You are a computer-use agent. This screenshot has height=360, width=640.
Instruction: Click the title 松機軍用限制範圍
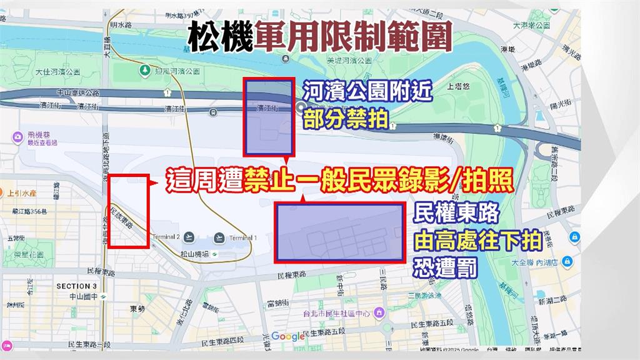point(320,38)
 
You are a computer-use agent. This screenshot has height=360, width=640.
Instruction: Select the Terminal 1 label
point(242,238)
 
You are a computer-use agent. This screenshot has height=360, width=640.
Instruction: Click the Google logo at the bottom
point(287,336)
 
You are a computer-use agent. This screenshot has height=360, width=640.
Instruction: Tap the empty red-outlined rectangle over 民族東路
point(128,211)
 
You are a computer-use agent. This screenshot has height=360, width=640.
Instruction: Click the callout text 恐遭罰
point(445,269)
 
